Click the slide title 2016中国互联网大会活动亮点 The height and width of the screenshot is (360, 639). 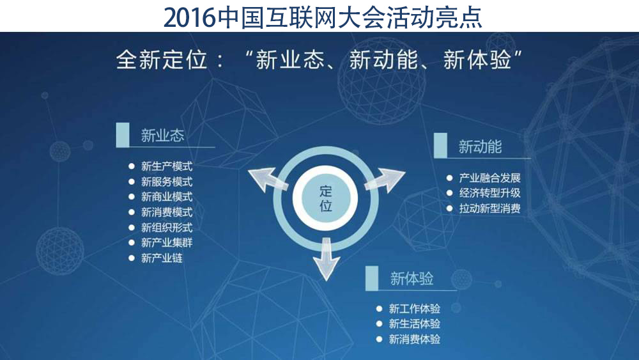323,17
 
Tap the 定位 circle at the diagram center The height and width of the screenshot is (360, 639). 325,199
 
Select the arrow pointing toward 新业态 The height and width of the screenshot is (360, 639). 267,180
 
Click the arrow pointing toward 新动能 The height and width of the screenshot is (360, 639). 384,180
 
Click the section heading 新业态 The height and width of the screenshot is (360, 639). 162,136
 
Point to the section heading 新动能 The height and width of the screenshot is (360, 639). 480,147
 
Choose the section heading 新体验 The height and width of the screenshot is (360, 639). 412,279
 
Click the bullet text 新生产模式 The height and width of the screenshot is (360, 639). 167,166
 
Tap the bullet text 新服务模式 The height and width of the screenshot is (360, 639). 167,182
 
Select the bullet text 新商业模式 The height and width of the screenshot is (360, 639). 167,197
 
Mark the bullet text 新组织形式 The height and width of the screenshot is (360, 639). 167,228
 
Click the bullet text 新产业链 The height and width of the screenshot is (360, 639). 162,258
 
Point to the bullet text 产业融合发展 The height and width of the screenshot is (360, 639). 490,178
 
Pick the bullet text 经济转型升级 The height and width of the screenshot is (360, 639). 490,193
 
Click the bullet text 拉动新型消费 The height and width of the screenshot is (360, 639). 490,208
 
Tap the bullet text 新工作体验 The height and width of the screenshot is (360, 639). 415,309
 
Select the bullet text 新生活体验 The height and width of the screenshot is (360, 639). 415,324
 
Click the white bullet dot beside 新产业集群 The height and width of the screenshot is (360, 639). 131,242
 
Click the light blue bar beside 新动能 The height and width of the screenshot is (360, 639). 440,145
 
